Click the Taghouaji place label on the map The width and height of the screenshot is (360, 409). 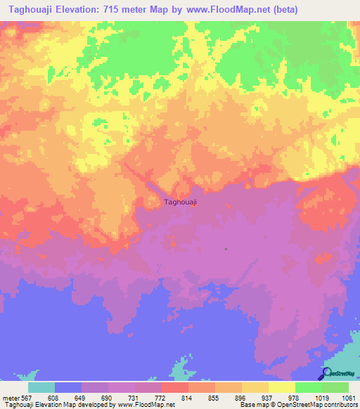[180, 202]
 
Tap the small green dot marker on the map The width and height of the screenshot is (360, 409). [226, 249]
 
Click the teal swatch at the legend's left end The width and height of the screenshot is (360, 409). [41, 387]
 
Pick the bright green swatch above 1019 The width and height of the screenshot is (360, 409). [308, 387]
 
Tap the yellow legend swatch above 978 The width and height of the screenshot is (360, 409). [281, 387]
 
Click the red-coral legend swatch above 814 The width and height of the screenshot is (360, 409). [174, 387]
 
